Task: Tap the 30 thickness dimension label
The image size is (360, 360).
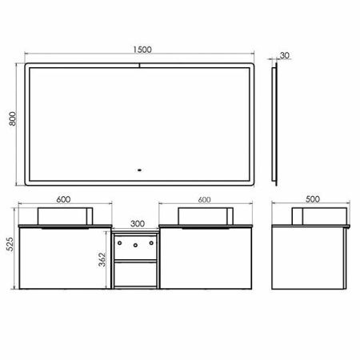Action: coord(286,57)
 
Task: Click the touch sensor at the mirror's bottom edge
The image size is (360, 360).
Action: coord(140,170)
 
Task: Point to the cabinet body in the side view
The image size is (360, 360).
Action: coord(308,258)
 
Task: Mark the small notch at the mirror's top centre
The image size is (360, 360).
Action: coord(140,64)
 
